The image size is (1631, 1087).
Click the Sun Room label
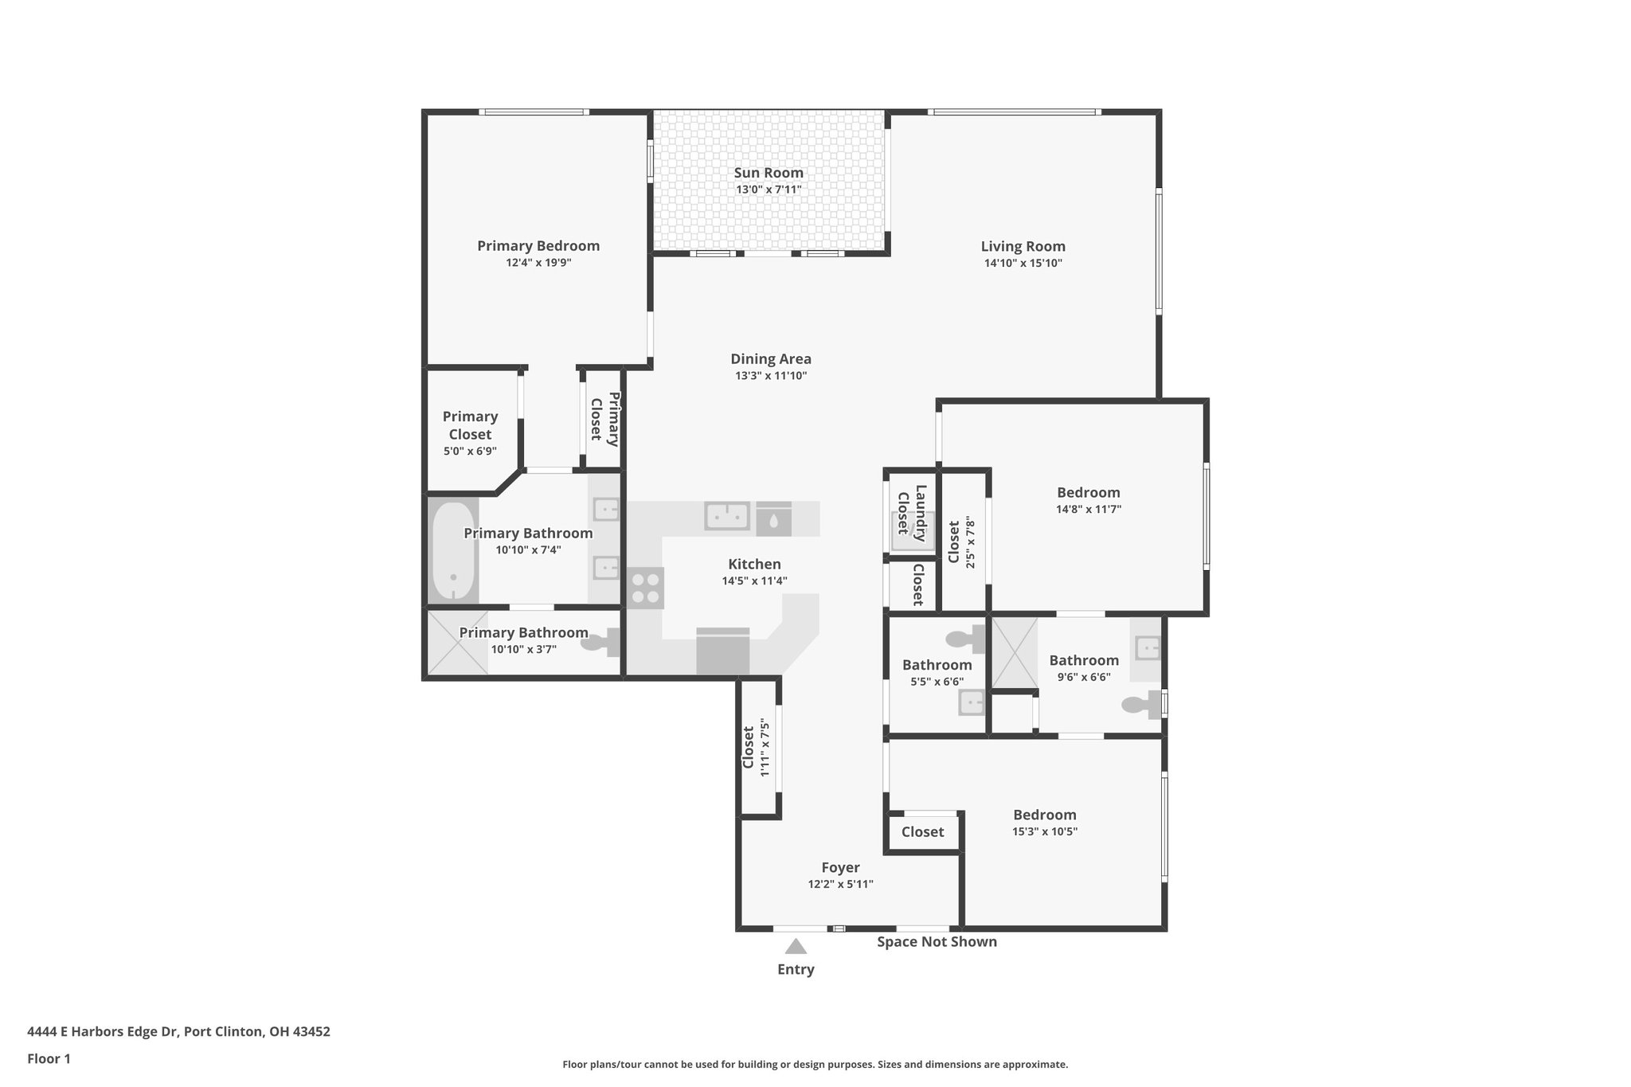point(768,173)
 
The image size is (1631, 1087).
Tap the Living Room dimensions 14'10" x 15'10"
point(1023,264)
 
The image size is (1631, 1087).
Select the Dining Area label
point(770,359)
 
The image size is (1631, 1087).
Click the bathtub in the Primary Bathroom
point(453,550)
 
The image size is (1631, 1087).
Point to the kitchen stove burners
point(645,588)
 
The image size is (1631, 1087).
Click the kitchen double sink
point(726,516)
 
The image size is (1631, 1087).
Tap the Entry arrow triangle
point(796,947)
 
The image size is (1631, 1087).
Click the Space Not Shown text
point(937,942)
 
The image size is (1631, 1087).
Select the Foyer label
point(840,867)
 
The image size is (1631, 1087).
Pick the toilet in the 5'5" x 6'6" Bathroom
point(964,638)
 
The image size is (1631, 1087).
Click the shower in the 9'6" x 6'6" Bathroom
point(1014,652)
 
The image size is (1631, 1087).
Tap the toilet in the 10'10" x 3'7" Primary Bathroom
point(602,641)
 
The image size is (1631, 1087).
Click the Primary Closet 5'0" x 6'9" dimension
point(470,452)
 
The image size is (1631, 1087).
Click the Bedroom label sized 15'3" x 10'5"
point(1044,815)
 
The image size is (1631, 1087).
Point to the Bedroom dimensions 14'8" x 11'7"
point(1088,510)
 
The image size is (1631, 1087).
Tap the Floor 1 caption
point(49,1059)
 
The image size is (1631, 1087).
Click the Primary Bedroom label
point(538,246)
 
